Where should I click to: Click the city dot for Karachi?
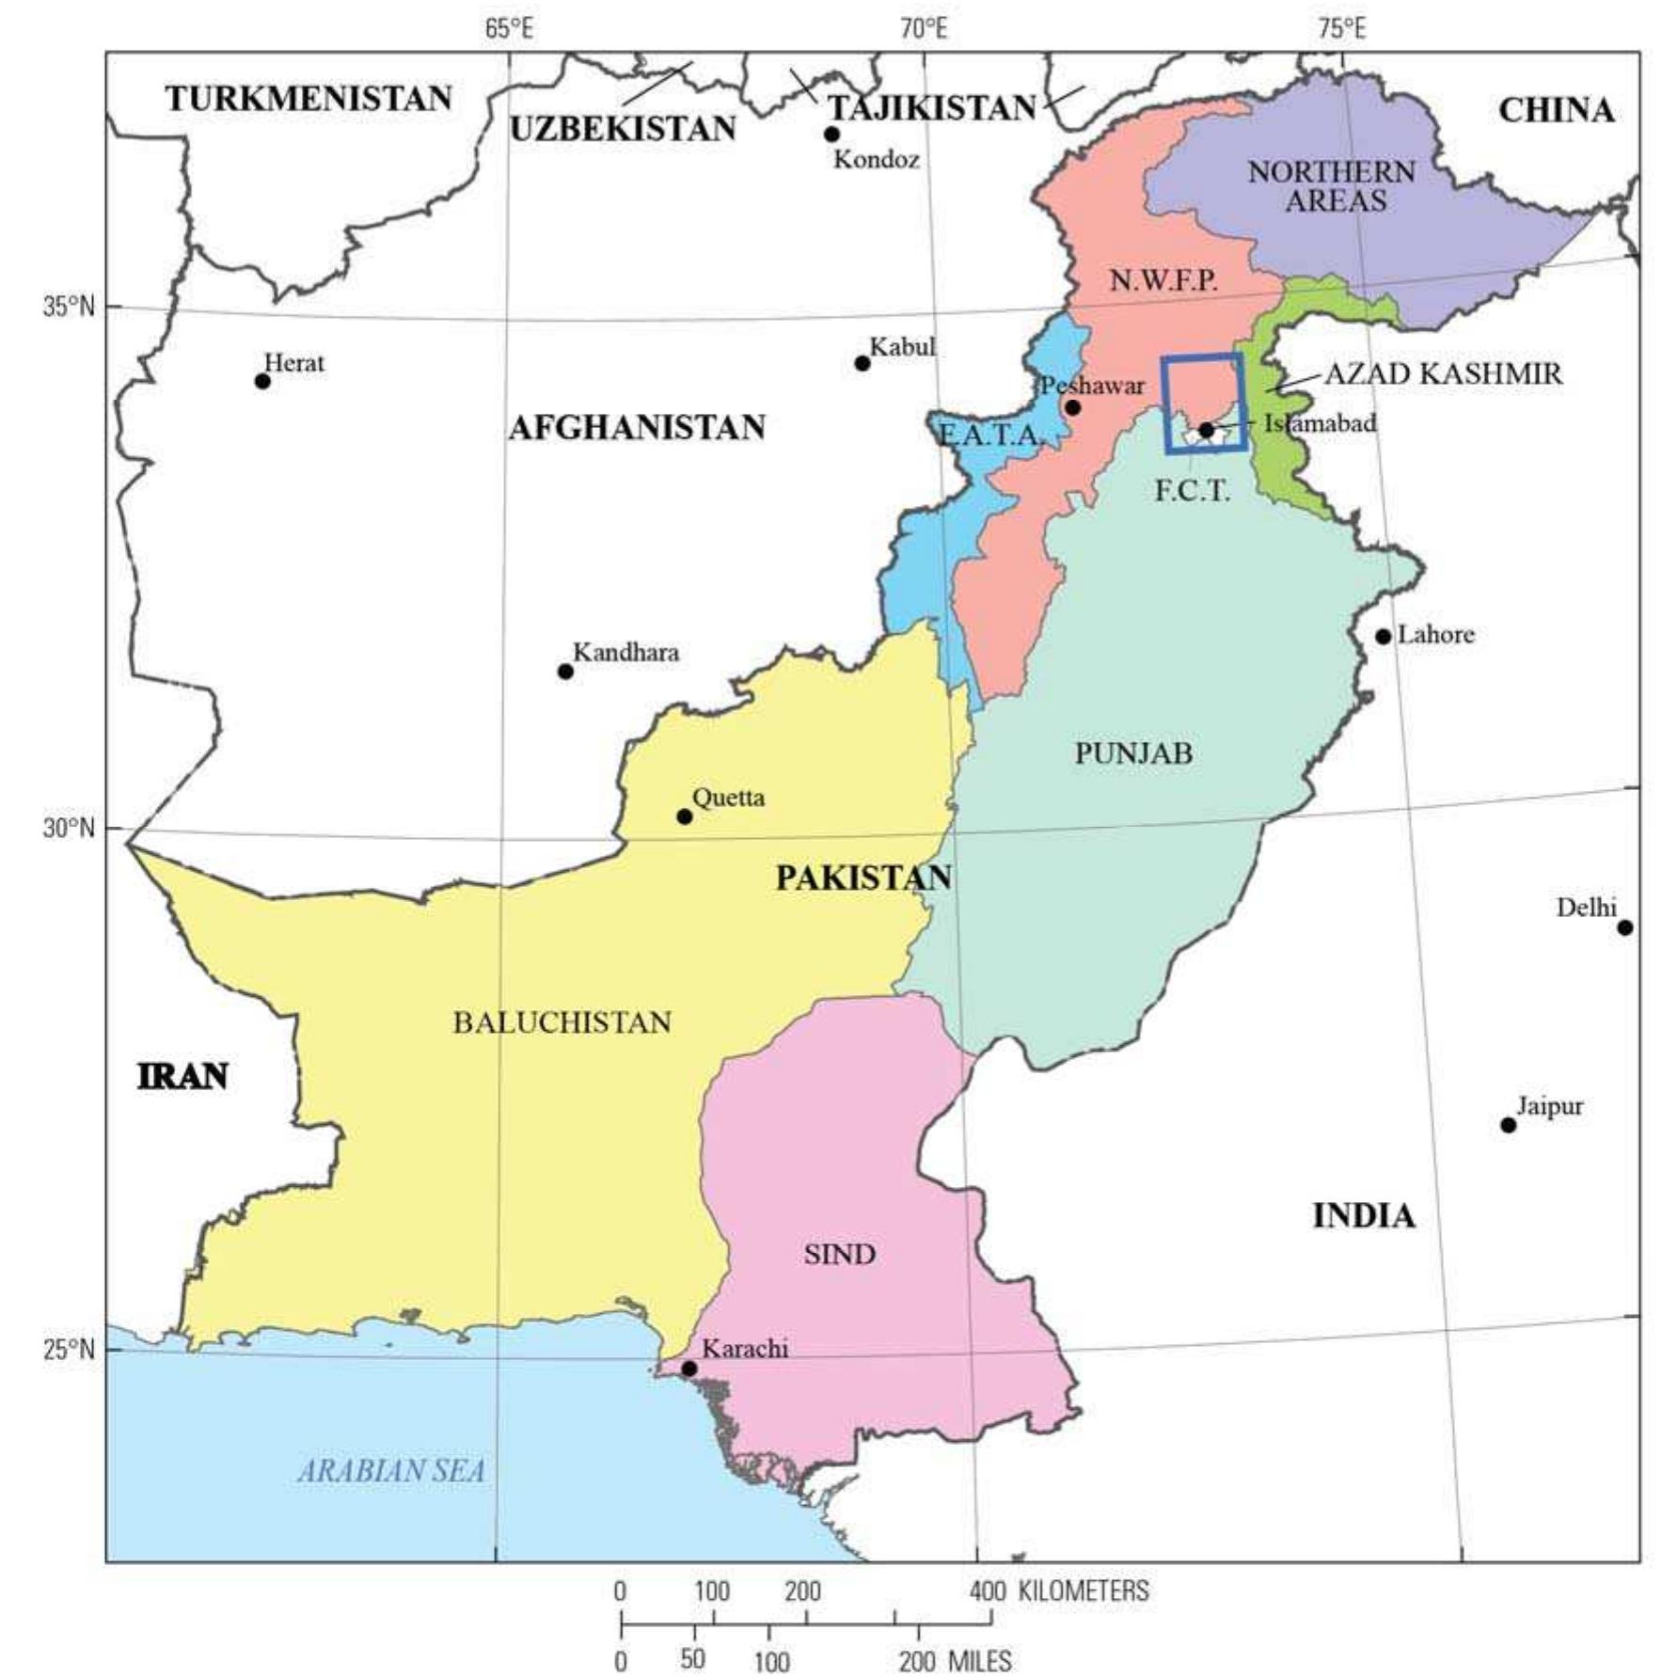tap(689, 1368)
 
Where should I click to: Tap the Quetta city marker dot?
tap(685, 816)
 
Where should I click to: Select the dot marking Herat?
tap(262, 381)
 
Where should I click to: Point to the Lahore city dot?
tap(1383, 637)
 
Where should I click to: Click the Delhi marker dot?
tap(1625, 927)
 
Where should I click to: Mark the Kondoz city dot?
tap(831, 134)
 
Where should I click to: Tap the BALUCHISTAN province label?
tap(562, 1022)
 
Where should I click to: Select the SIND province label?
tap(839, 1254)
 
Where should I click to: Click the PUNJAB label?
tap(1133, 753)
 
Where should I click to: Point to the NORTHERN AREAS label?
tap(1333, 186)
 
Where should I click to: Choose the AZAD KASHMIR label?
tap(1443, 374)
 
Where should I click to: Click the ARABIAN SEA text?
tap(391, 1471)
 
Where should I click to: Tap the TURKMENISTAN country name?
tap(309, 99)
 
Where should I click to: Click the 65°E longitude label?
tap(509, 29)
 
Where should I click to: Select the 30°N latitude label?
tap(69, 829)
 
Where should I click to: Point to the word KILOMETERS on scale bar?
tap(1084, 1591)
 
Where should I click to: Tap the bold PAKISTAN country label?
tap(863, 878)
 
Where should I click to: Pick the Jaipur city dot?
tap(1509, 1125)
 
